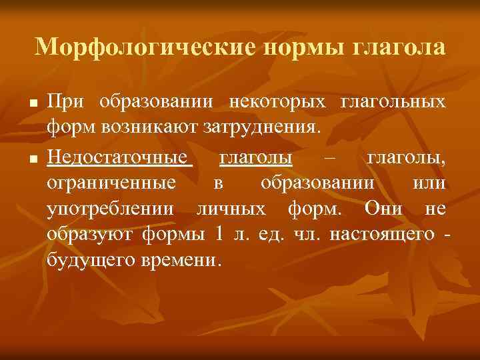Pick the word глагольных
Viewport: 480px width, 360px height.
[393, 102]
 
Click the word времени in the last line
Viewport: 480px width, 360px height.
[177, 258]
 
